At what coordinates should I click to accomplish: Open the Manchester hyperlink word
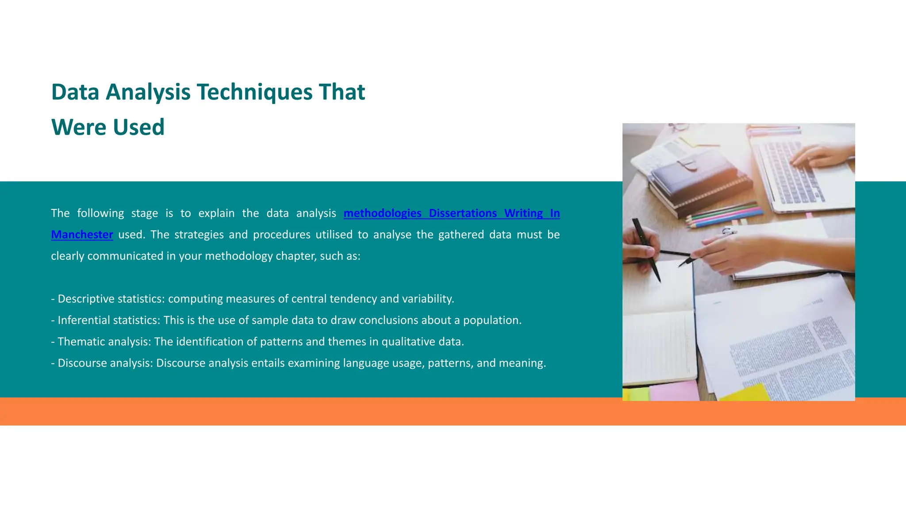(82, 235)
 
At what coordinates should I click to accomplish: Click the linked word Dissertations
(462, 213)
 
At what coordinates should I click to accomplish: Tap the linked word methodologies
(382, 213)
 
